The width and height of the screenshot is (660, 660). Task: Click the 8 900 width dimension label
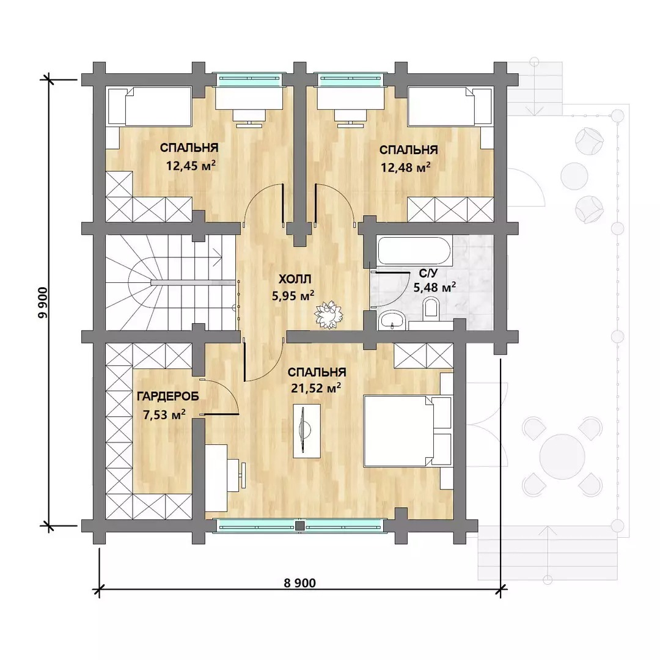(299, 583)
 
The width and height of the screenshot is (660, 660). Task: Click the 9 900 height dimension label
(43, 302)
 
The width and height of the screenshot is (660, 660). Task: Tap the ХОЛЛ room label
(295, 279)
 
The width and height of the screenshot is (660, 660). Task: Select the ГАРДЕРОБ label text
(168, 397)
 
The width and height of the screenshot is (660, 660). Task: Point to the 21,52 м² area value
(316, 387)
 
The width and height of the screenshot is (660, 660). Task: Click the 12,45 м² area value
(191, 165)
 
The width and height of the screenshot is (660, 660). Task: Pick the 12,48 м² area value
(406, 167)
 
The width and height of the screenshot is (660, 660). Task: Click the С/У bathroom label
(428, 273)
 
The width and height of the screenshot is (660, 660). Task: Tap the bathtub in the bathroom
(416, 250)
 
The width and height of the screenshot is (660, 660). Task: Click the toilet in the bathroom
(431, 307)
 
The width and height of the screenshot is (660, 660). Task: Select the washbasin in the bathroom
(392, 320)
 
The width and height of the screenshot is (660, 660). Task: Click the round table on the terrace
(562, 457)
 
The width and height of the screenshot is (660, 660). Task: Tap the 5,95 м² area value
(293, 296)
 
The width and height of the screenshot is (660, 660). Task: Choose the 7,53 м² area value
(164, 414)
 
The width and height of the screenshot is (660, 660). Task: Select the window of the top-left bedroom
(246, 79)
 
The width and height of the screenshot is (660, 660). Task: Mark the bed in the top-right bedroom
(450, 106)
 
